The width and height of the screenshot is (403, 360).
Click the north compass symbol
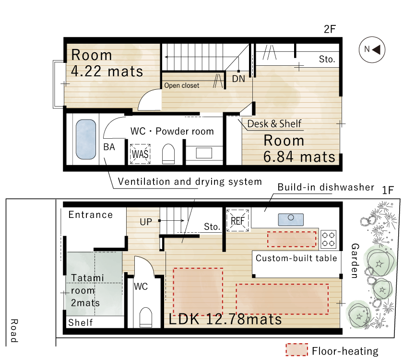click(x=372, y=49)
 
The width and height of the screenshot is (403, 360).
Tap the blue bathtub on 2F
click(x=86, y=139)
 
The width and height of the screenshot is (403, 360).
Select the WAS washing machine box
click(x=140, y=154)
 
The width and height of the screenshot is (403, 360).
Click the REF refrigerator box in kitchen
click(x=237, y=221)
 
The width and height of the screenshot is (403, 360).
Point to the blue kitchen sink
click(x=291, y=220)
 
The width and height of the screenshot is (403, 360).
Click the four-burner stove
click(x=328, y=239)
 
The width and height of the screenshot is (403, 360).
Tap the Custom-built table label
click(x=296, y=258)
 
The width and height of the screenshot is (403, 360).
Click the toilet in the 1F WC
click(x=146, y=317)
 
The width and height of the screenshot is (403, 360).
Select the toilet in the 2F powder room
click(x=168, y=154)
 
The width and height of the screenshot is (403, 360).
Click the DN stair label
click(x=238, y=79)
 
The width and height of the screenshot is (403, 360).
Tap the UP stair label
click(x=146, y=222)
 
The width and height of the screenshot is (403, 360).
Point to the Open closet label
click(x=181, y=85)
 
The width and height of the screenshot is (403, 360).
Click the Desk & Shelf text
click(x=274, y=124)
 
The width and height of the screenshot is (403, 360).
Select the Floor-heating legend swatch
click(x=296, y=350)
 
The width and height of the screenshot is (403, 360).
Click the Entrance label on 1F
click(x=91, y=215)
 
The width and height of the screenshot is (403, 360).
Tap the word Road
click(x=14, y=331)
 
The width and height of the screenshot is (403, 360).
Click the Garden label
click(x=355, y=261)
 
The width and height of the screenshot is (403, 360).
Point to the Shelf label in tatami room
click(x=80, y=322)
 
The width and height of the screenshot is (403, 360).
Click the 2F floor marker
click(x=330, y=29)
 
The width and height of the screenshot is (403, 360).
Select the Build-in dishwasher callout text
click(x=326, y=187)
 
